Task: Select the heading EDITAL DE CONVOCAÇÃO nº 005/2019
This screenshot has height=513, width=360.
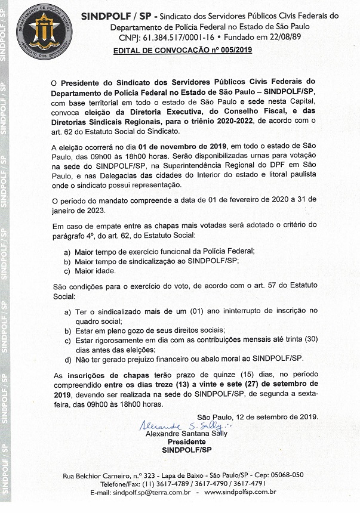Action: [183, 51]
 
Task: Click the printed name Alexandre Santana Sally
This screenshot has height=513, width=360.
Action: [186, 434]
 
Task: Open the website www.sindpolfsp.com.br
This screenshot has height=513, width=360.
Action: [240, 492]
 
